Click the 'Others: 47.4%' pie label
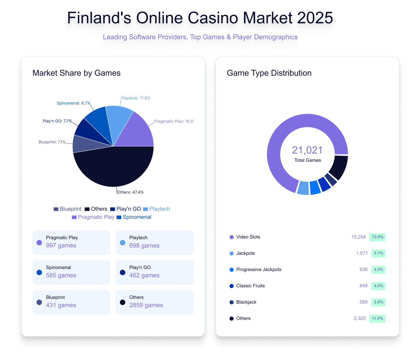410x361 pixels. point(130,192)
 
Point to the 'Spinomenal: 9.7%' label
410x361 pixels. point(73,103)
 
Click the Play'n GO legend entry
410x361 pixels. point(125,209)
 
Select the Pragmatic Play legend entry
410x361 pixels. point(93,217)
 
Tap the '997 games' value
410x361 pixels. point(61,246)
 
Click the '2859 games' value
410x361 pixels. point(146,305)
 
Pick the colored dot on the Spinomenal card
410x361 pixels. point(39,272)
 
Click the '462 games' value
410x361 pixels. point(144,275)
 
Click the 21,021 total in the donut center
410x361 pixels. point(307,150)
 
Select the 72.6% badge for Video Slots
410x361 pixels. point(378,237)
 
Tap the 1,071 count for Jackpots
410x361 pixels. point(362,253)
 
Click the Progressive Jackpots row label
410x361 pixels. point(259,270)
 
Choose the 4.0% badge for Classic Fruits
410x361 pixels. point(378,286)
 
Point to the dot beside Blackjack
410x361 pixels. point(232,302)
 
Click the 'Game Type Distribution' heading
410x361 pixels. point(269,73)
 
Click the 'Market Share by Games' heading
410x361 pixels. point(77,73)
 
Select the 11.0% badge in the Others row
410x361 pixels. point(377,319)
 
